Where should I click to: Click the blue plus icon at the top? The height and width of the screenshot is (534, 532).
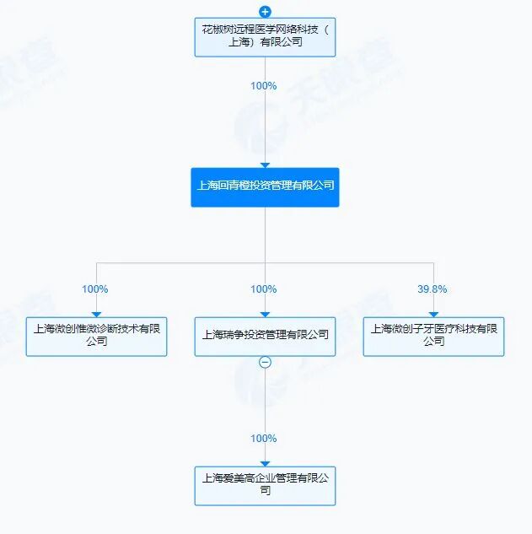(265, 12)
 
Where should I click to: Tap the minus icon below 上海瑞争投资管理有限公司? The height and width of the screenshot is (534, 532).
(265, 362)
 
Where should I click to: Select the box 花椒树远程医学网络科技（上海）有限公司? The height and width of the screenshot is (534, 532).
(265, 37)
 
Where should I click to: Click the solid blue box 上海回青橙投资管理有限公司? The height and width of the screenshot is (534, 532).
(265, 187)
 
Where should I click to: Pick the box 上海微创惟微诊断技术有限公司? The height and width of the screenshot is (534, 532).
(96, 337)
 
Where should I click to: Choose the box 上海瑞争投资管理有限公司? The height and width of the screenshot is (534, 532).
(265, 337)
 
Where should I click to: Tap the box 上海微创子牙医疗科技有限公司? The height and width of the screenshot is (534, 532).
(433, 337)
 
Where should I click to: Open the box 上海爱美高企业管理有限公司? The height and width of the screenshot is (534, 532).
(265, 486)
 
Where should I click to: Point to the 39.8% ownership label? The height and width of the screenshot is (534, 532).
(432, 289)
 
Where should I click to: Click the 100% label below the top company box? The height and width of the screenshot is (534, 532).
(263, 86)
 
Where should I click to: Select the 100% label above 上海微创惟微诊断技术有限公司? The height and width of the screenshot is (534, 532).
(95, 289)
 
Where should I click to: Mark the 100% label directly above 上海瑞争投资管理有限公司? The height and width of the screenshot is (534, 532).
(263, 289)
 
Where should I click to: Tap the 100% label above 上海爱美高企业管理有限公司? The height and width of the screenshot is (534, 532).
(263, 439)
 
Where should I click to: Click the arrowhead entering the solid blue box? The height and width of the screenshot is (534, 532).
(265, 165)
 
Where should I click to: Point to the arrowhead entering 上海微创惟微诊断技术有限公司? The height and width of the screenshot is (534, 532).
(96, 315)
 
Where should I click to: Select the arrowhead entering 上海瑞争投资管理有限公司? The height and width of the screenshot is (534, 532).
(265, 315)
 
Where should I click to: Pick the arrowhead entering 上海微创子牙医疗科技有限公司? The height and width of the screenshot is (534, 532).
(433, 315)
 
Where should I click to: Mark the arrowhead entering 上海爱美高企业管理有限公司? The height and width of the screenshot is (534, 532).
(265, 463)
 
